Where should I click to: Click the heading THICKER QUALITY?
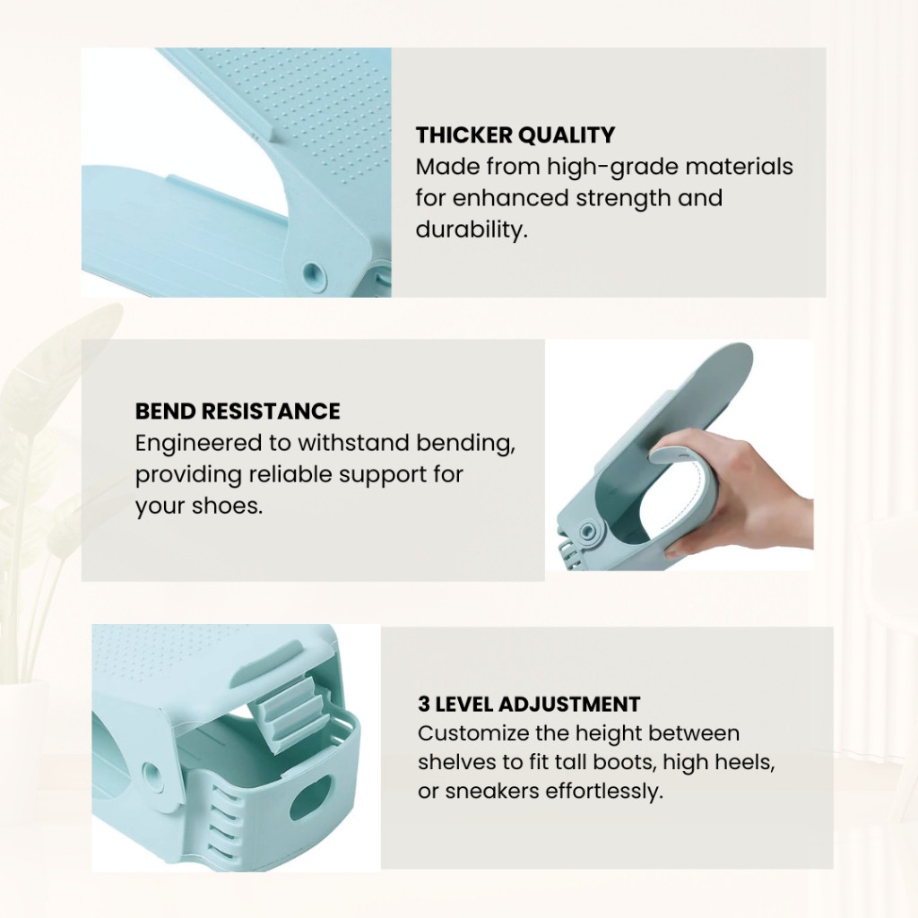[515, 135]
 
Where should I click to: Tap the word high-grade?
[611, 168]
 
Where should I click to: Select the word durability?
[472, 229]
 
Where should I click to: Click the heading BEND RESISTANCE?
[238, 411]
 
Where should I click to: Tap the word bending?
[465, 443]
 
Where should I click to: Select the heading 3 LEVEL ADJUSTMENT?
[529, 704]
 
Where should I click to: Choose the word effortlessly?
[604, 792]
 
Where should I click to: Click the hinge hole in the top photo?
[314, 273]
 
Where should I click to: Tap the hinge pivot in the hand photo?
[587, 531]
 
